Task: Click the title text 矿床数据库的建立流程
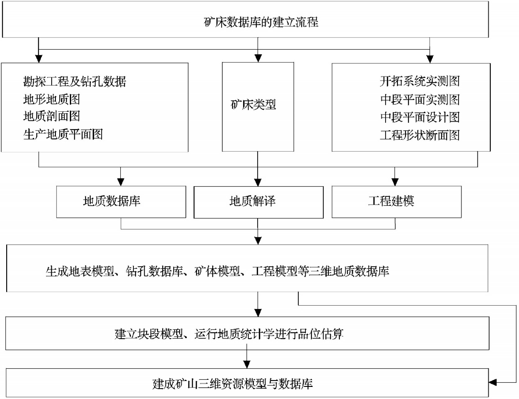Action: (261, 22)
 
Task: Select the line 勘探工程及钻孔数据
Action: (75, 81)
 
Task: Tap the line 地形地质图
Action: (52, 99)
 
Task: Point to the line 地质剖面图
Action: (52, 116)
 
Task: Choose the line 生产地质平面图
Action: (63, 134)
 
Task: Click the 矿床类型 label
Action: (253, 104)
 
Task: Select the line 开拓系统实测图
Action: (420, 81)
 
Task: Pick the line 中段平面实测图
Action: (420, 99)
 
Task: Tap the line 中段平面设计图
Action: (420, 117)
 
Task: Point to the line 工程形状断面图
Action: (420, 135)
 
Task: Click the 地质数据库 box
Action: (121, 202)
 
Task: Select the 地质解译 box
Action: (258, 202)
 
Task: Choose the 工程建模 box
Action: (397, 202)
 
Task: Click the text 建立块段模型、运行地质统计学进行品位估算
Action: (229, 334)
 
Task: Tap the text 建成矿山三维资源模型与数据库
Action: (233, 384)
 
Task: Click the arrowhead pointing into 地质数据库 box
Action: (121, 182)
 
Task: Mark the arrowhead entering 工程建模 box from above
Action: (395, 182)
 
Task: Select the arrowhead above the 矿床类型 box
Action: (258, 58)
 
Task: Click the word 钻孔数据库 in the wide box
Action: (154, 271)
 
